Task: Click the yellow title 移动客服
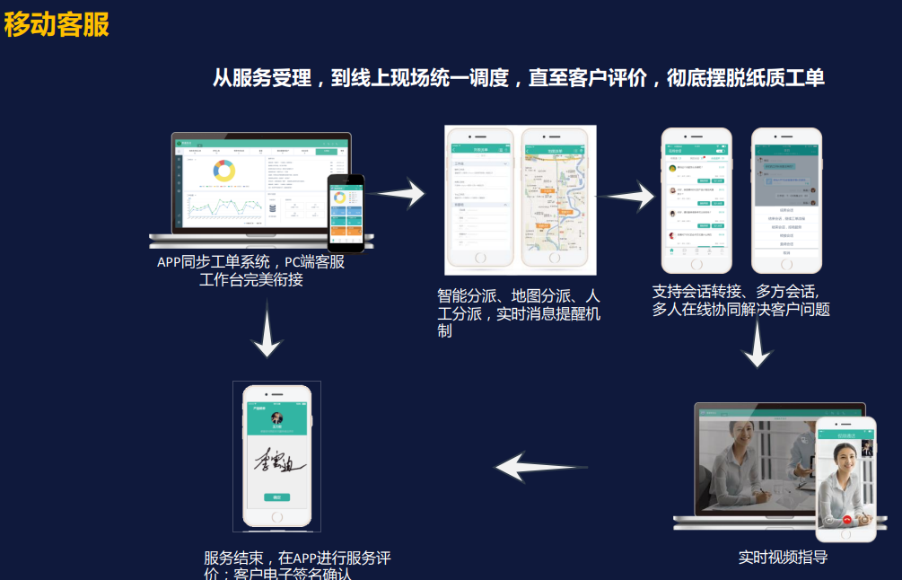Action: click(57, 24)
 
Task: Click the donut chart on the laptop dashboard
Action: click(223, 170)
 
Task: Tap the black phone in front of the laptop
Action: click(346, 213)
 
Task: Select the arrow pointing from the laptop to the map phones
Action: click(398, 192)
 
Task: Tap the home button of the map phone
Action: click(554, 258)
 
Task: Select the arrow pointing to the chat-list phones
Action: click(628, 195)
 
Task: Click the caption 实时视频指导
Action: click(783, 557)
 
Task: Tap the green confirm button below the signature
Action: click(277, 497)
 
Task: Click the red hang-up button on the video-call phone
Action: click(846, 520)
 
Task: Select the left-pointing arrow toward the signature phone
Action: click(541, 467)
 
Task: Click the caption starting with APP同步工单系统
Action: click(251, 271)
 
